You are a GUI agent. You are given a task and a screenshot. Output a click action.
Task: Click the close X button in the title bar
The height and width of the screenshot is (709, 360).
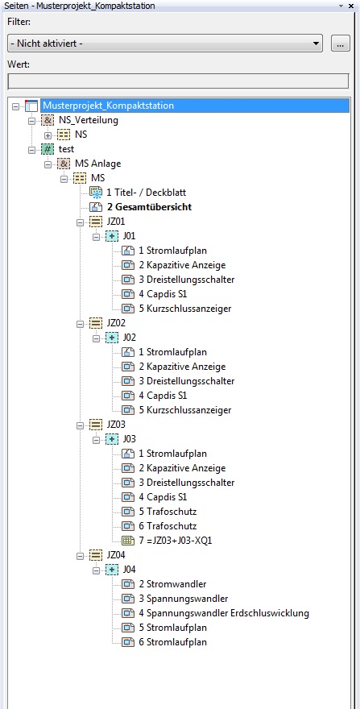tap(351, 6)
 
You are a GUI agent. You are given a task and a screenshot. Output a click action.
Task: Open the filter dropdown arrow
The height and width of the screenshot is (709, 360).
tap(316, 44)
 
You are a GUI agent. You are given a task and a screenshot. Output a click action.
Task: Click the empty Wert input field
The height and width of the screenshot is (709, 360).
tap(178, 81)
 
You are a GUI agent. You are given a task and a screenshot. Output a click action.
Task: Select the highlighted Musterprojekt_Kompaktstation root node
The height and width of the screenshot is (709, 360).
tap(108, 106)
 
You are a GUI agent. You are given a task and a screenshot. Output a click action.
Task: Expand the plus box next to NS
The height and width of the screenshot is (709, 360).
tap(48, 135)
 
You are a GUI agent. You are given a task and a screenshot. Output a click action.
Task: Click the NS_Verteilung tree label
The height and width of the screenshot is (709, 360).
tap(89, 120)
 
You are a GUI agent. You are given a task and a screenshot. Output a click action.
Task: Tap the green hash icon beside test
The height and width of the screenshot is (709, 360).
tap(47, 149)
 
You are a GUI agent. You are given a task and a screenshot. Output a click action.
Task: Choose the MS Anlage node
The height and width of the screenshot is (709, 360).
tap(95, 164)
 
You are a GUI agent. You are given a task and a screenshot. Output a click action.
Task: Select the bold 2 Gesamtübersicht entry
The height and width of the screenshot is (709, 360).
tap(149, 207)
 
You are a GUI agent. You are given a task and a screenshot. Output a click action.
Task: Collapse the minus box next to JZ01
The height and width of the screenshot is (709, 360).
tap(80, 222)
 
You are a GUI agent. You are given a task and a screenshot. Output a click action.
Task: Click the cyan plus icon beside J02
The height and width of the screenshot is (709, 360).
tap(112, 338)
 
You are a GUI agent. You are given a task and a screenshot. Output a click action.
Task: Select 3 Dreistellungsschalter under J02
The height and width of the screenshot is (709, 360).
tap(187, 381)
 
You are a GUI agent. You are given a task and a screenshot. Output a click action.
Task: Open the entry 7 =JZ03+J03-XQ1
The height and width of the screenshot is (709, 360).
tap(175, 541)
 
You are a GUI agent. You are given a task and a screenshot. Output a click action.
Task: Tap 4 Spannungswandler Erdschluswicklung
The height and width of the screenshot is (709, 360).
tap(224, 614)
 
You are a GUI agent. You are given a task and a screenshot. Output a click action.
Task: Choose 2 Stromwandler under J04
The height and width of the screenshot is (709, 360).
tap(172, 584)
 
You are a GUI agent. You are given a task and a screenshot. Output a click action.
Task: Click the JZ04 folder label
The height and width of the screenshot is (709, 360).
tap(116, 555)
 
